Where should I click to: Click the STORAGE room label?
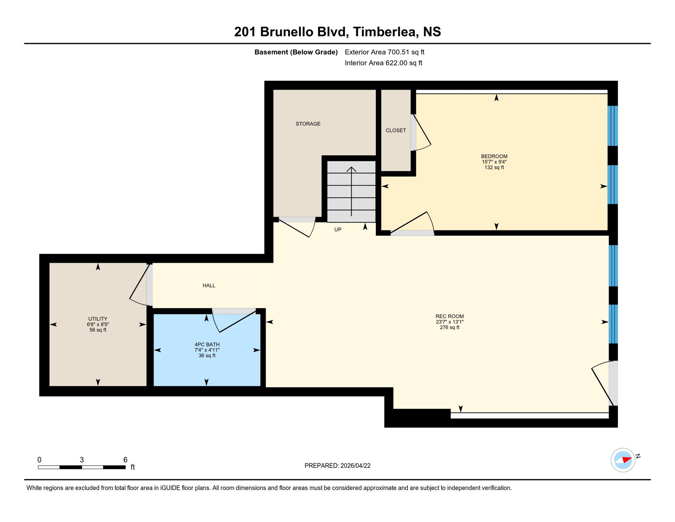308,124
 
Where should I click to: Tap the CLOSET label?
396,130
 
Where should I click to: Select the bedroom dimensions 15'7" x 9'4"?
494,162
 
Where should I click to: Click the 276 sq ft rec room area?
450,328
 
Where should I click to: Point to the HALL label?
209,285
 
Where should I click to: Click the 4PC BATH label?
207,345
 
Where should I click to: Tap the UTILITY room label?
98,319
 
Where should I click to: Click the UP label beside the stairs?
337,230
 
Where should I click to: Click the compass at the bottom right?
623,460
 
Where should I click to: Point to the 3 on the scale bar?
82,460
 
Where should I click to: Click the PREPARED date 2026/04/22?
337,466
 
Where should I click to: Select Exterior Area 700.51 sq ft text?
384,52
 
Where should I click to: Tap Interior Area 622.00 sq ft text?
383,63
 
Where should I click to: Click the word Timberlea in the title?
384,32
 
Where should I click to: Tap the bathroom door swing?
234,321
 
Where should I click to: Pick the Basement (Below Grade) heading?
296,52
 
